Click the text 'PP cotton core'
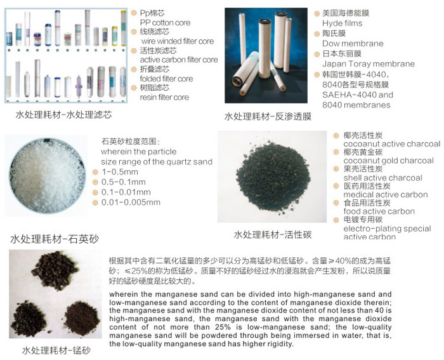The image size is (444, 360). point(165,23)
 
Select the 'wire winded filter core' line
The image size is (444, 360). point(177,41)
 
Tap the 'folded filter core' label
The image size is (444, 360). point(166,79)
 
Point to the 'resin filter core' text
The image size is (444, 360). point(164,97)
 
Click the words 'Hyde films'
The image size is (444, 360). point(342,23)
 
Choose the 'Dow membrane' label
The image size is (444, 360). point(353,43)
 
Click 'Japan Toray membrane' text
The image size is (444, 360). point(368,63)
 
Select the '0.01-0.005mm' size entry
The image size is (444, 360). point(131,203)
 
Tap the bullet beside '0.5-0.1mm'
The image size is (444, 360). point(95,182)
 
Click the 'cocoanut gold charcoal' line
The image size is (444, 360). point(388,161)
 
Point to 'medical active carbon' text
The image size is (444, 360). point(386,194)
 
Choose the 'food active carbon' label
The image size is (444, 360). point(379,211)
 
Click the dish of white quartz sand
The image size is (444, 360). point(47,175)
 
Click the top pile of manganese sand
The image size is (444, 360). point(54,270)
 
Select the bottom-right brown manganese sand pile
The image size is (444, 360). point(82,318)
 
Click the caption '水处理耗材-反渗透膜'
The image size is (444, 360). point(268,116)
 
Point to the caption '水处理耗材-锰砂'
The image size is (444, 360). point(56,350)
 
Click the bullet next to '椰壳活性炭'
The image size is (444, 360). point(336,136)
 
